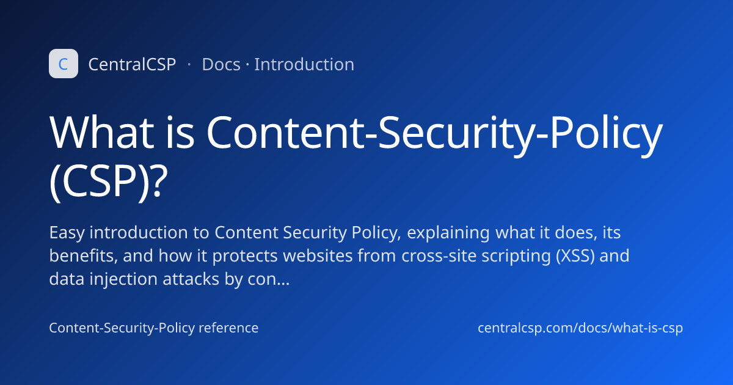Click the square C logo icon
64,64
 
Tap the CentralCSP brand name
132,64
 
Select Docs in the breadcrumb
221,64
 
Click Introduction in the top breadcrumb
304,64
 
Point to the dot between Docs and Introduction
247,64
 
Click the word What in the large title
102,133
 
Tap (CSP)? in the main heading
109,181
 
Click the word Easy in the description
67,233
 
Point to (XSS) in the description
575,255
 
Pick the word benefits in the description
84,255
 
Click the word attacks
191,279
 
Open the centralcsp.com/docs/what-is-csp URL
580,328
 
